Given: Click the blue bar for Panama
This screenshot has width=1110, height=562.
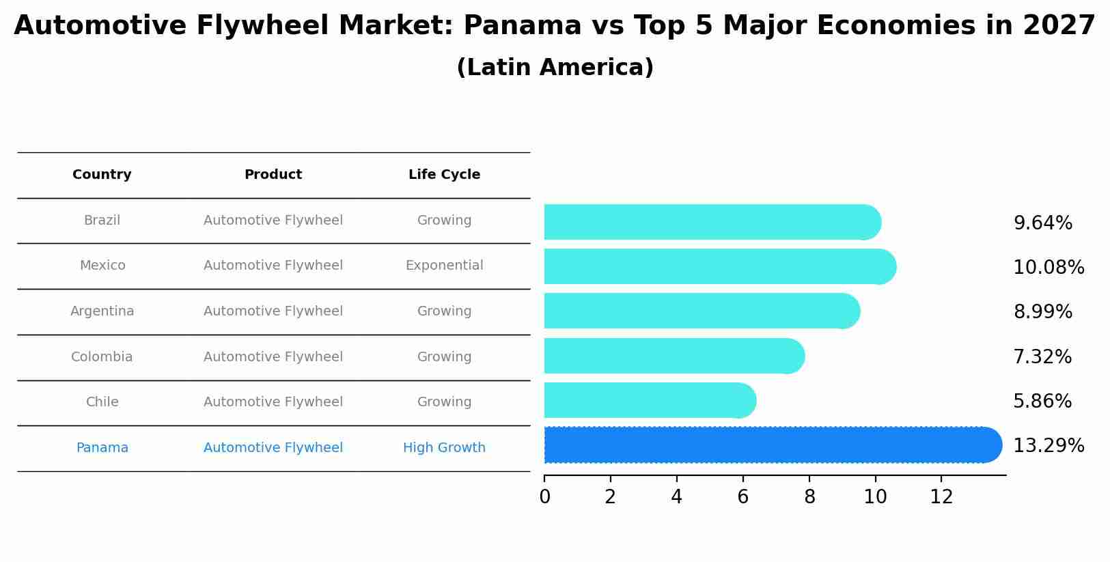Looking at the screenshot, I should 772,445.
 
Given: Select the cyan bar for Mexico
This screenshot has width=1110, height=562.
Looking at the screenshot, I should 717,266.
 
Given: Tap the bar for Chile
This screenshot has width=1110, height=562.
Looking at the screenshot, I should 649,400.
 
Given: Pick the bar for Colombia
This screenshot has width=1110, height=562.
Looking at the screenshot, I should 673,356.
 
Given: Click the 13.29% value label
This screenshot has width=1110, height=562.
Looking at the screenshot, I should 1048,446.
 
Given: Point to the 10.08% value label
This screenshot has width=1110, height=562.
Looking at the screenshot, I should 1048,268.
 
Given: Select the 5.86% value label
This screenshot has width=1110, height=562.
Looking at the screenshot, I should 1042,402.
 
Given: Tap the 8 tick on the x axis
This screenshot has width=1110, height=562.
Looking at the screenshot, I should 809,497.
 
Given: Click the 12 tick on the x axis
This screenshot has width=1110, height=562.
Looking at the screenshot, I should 941,497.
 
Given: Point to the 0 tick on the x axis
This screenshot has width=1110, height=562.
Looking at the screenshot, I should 544,497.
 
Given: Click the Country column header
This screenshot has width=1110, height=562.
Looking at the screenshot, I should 102,175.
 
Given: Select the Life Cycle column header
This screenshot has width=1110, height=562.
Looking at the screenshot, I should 444,175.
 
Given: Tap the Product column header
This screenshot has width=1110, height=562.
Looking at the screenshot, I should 273,175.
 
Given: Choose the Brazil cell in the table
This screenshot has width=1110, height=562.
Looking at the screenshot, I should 102,221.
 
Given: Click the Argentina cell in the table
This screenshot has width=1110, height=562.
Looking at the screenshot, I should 102,311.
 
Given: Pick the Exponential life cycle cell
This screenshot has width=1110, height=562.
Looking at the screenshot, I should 444,266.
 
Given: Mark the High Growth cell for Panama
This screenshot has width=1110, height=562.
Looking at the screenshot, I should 444,448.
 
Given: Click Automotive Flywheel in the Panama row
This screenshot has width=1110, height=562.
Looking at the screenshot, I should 273,448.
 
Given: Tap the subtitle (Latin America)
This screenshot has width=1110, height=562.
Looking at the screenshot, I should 555,68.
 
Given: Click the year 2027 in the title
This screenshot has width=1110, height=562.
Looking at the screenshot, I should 1059,26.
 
